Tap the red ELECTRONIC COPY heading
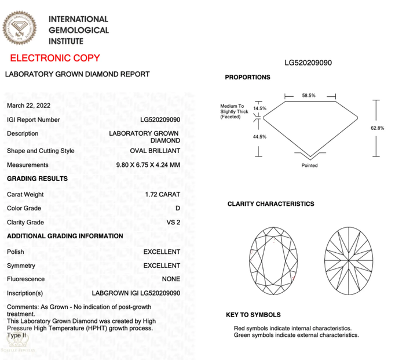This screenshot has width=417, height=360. click(x=55, y=58)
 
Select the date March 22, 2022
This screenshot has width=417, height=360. click(x=28, y=106)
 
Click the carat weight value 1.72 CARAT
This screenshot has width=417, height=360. click(x=163, y=194)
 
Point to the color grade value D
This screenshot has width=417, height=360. click(x=177, y=208)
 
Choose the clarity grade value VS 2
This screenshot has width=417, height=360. click(x=173, y=222)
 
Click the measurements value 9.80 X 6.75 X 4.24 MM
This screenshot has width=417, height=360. click(x=148, y=165)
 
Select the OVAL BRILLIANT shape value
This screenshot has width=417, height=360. click(x=155, y=151)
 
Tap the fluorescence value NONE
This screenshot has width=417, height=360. click(x=171, y=279)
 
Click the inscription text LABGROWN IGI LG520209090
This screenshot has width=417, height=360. click(x=136, y=293)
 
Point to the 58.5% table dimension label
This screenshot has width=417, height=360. click(x=309, y=96)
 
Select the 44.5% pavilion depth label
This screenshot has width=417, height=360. click(x=259, y=137)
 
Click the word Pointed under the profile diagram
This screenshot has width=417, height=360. click(x=309, y=166)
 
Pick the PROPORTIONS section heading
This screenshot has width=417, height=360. click(x=247, y=77)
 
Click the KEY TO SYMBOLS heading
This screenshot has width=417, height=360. click(x=253, y=315)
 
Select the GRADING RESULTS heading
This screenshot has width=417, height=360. click(x=37, y=179)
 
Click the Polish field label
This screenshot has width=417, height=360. click(x=16, y=252)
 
